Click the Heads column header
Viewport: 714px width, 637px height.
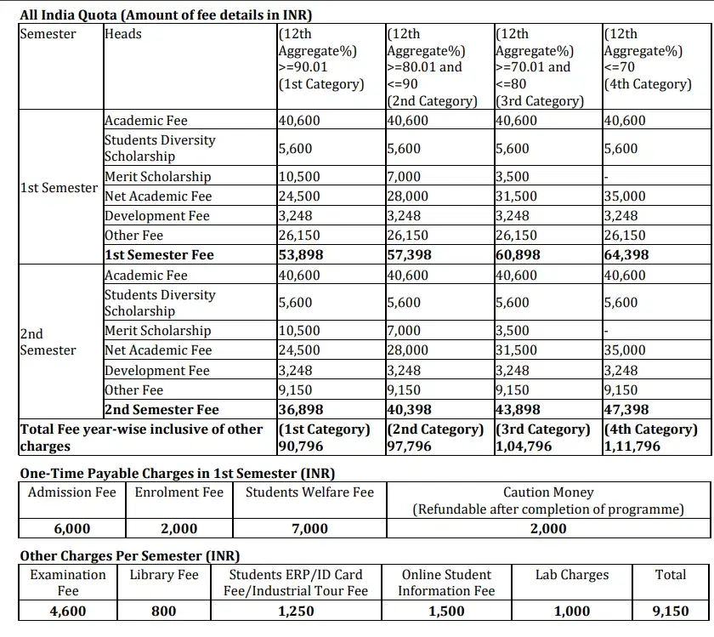(x=123, y=34)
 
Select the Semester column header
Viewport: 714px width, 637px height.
(x=48, y=34)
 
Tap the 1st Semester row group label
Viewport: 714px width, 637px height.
(x=58, y=188)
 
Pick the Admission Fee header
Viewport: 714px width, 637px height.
(x=71, y=492)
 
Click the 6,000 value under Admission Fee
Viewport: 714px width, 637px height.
(x=71, y=529)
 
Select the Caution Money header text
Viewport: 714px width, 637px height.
(x=548, y=492)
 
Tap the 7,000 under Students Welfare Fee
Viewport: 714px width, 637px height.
(x=309, y=529)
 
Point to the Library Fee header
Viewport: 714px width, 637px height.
(x=164, y=575)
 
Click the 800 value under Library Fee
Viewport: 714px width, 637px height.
(x=164, y=611)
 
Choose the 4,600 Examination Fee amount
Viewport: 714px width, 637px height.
(x=68, y=611)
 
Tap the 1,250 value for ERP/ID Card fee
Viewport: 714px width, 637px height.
(x=296, y=611)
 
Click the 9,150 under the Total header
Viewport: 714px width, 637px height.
(x=671, y=611)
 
